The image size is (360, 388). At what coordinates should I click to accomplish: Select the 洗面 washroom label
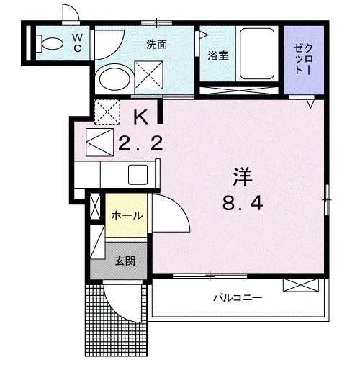[x=156, y=45]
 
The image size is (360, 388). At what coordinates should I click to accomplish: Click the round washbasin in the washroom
[x=114, y=77]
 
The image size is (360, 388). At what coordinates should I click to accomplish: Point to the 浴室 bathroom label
[x=218, y=55]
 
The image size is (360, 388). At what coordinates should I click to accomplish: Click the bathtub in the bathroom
[x=257, y=54]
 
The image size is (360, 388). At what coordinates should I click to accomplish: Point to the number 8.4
[x=241, y=204]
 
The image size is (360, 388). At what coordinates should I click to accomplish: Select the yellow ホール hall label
[x=126, y=215]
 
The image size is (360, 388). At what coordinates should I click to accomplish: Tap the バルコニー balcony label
[x=236, y=297]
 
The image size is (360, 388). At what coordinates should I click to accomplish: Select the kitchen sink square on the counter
[x=138, y=175]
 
